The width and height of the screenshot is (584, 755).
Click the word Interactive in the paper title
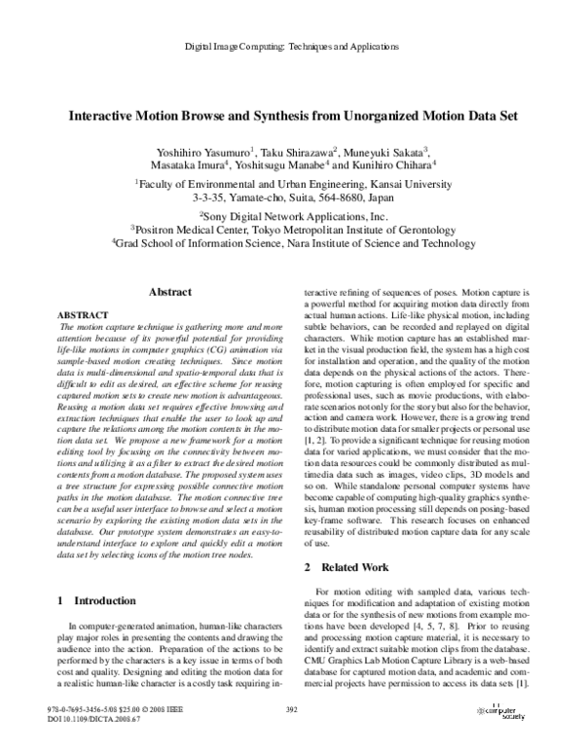click(x=104, y=115)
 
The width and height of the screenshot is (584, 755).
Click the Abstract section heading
click(x=170, y=291)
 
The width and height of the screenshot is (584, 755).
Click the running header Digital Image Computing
click(x=292, y=47)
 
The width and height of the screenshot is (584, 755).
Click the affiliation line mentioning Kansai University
click(x=292, y=182)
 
